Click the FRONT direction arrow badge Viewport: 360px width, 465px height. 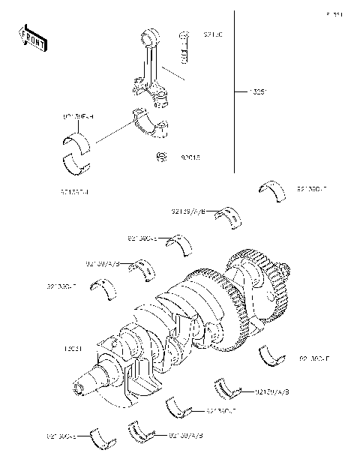pos(32,38)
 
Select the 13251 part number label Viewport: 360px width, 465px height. pos(257,93)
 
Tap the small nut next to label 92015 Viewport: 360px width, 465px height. pos(160,157)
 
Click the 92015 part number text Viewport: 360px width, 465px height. pos(190,158)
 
